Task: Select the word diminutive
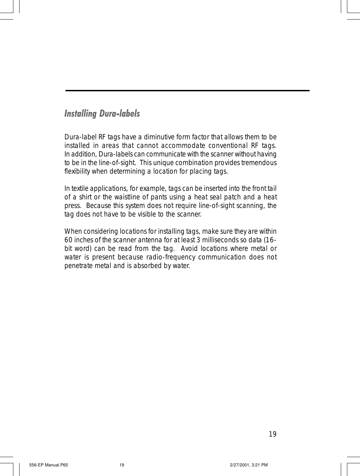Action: point(159,137)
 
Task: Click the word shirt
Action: point(86,197)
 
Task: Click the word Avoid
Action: point(189,248)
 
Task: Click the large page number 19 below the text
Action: point(273,434)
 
